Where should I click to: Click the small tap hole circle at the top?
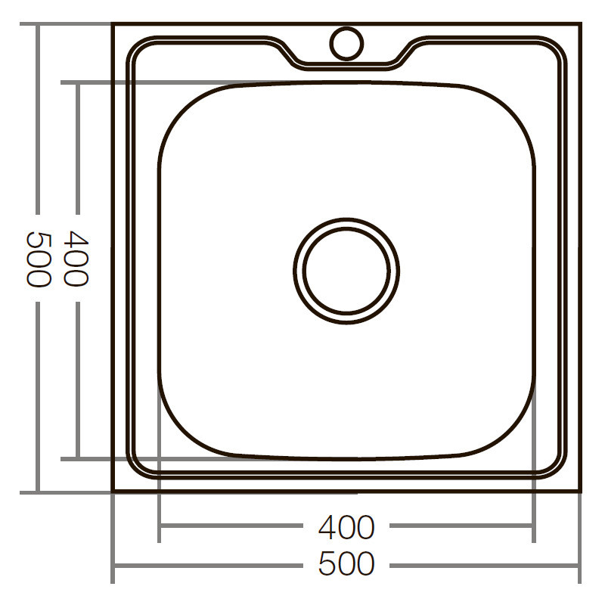pos(346,42)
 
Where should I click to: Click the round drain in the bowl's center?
pos(346,270)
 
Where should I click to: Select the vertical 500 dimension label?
pos(38,259)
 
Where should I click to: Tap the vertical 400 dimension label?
pos(76,259)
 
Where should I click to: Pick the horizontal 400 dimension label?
pos(346,527)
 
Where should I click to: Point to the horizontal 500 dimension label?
pos(346,564)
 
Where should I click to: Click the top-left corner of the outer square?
pos(113,24)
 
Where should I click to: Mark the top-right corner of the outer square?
pos(581,24)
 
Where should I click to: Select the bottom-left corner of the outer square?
pos(113,492)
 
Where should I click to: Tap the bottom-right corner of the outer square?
pos(581,492)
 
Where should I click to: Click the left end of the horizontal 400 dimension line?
pos(159,526)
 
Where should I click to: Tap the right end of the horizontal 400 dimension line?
pos(534,526)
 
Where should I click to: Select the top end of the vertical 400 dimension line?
pos(76,82)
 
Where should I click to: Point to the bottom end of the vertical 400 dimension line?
pos(76,458)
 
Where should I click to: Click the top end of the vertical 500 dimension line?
pos(38,24)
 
